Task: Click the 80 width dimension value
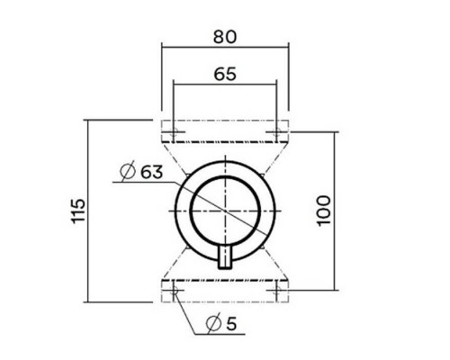pos(225,37)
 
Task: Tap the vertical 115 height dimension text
pos(78,210)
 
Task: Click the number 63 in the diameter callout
pos(151,171)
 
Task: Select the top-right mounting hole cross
pos(276,132)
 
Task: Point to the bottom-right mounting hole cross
pos(276,291)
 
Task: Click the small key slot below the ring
pos(225,255)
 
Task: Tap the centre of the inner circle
pos(225,210)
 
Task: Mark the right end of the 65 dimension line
pos(276,86)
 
